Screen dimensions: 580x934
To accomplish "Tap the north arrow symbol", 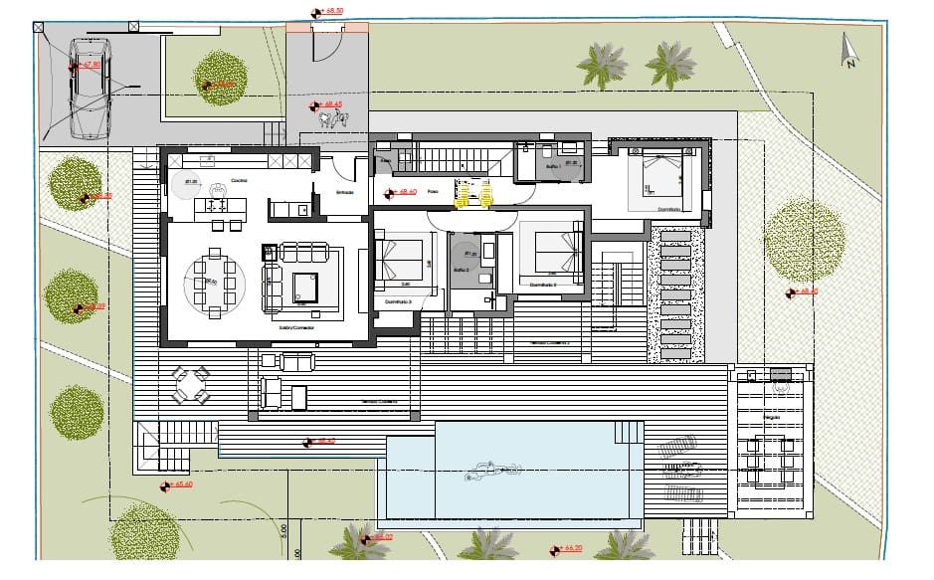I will pos(848,51).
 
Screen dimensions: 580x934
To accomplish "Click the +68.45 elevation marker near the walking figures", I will pos(327,103).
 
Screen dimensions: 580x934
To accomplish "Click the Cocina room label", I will pos(239,180).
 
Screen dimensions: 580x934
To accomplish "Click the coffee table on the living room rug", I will pos(304,287).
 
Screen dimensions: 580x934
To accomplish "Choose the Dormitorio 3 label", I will pos(397,299).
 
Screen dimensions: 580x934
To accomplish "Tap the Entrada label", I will pos(345,192).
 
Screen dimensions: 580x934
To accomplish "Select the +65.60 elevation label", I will pos(180,484).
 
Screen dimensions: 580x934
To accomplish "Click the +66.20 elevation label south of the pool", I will pos(570,547).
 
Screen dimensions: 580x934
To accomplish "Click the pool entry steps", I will pos(627,433).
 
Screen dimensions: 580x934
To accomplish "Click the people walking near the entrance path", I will pos(333,119).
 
